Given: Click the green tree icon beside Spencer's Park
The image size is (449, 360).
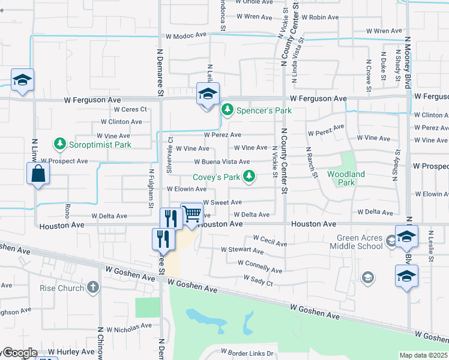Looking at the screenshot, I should click(227, 110).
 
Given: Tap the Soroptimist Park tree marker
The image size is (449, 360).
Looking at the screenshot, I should click(59, 144).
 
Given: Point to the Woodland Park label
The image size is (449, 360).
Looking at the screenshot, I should click(346, 178).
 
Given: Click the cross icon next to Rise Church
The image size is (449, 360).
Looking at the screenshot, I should click(92, 287).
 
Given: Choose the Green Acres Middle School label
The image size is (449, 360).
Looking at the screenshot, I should click(359, 242).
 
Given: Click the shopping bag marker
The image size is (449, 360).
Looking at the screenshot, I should click(38, 173).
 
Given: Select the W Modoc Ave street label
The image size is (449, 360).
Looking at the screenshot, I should click(186, 36).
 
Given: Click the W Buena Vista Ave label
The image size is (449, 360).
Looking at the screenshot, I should click(221, 162).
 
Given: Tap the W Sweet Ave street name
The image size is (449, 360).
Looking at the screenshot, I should click(222, 203).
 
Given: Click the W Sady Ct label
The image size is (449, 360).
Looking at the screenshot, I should click(258, 280).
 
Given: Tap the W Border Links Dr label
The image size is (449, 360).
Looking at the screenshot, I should click(247, 352).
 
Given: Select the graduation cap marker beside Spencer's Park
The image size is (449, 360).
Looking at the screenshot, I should click(208, 94).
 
